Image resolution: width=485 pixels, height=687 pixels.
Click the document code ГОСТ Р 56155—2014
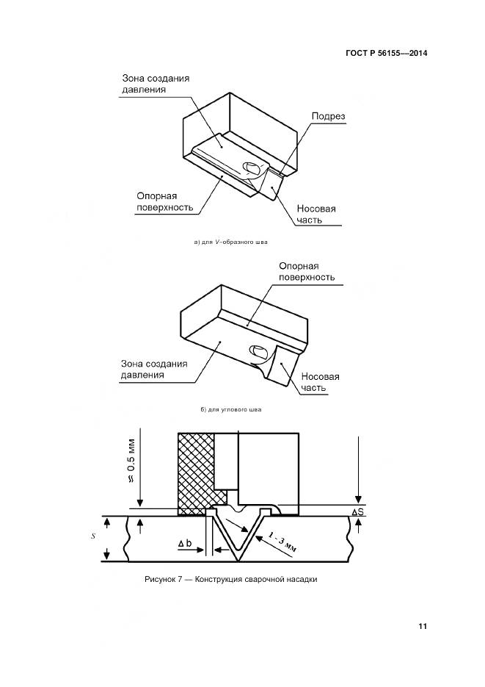[x=387, y=53]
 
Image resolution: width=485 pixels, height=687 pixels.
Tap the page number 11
[x=423, y=626]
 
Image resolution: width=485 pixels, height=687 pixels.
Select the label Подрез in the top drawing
[x=328, y=116]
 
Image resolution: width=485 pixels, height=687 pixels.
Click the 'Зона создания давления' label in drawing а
[x=152, y=83]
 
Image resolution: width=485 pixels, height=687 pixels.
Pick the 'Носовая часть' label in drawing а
[x=316, y=214]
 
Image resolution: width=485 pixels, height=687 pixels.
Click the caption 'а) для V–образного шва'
[x=227, y=242]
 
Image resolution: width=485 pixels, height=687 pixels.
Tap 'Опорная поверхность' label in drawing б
[x=307, y=271]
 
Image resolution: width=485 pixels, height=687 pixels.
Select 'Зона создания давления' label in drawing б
[x=153, y=369]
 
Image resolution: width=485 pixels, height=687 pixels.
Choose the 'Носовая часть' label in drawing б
[x=321, y=382]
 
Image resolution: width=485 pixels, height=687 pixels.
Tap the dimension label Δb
[x=186, y=544]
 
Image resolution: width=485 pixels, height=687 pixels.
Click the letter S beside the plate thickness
[x=94, y=536]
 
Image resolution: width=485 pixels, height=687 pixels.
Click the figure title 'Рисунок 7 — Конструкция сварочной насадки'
[x=231, y=580]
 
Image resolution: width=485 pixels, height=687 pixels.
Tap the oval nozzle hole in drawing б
[x=258, y=352]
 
